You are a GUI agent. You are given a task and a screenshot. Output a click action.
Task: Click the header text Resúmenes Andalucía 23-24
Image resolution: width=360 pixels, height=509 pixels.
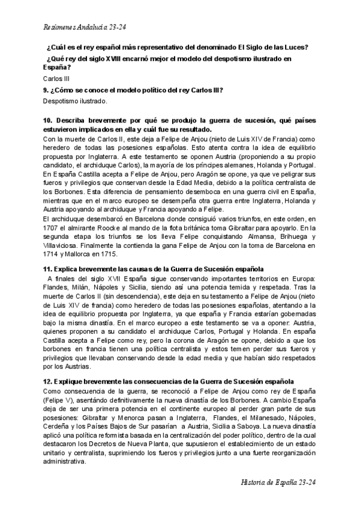click(x=85, y=28)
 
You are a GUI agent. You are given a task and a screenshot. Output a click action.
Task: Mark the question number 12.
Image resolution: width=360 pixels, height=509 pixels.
click(x=49, y=381)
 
